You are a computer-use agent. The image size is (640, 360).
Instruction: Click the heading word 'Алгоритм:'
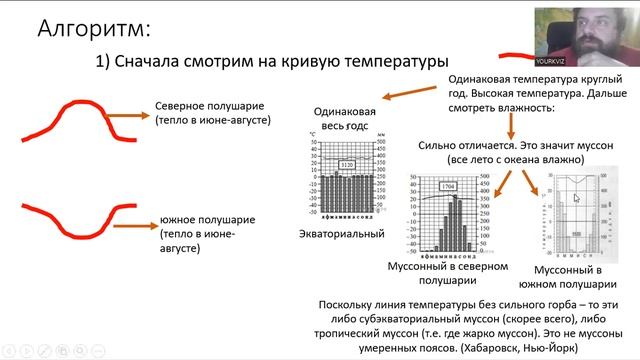(x=96, y=27)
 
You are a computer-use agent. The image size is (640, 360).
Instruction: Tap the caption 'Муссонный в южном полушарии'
(x=569, y=278)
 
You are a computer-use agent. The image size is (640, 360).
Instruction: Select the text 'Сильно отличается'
(x=468, y=145)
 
